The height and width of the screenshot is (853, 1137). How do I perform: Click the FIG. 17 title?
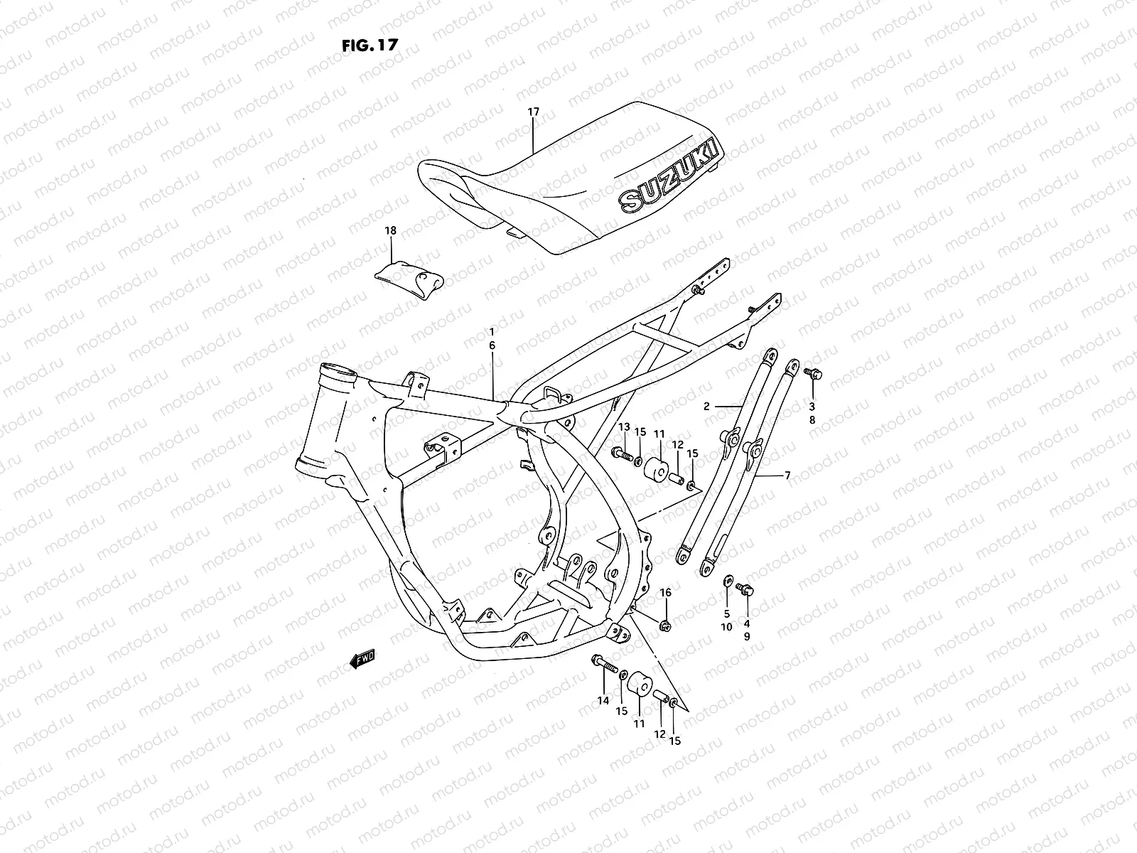370,44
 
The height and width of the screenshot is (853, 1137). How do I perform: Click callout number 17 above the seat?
534,112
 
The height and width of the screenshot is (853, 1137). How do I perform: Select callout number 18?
390,230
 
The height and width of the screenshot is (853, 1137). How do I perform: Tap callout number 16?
665,592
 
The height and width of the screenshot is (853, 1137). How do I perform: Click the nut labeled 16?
666,625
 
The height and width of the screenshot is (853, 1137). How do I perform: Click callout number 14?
603,700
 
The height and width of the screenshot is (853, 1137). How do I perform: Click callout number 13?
624,426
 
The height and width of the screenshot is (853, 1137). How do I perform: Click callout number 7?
787,475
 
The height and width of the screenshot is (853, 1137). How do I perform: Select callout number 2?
706,407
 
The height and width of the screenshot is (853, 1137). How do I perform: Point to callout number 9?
747,637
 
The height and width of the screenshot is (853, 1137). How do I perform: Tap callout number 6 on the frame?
491,345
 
